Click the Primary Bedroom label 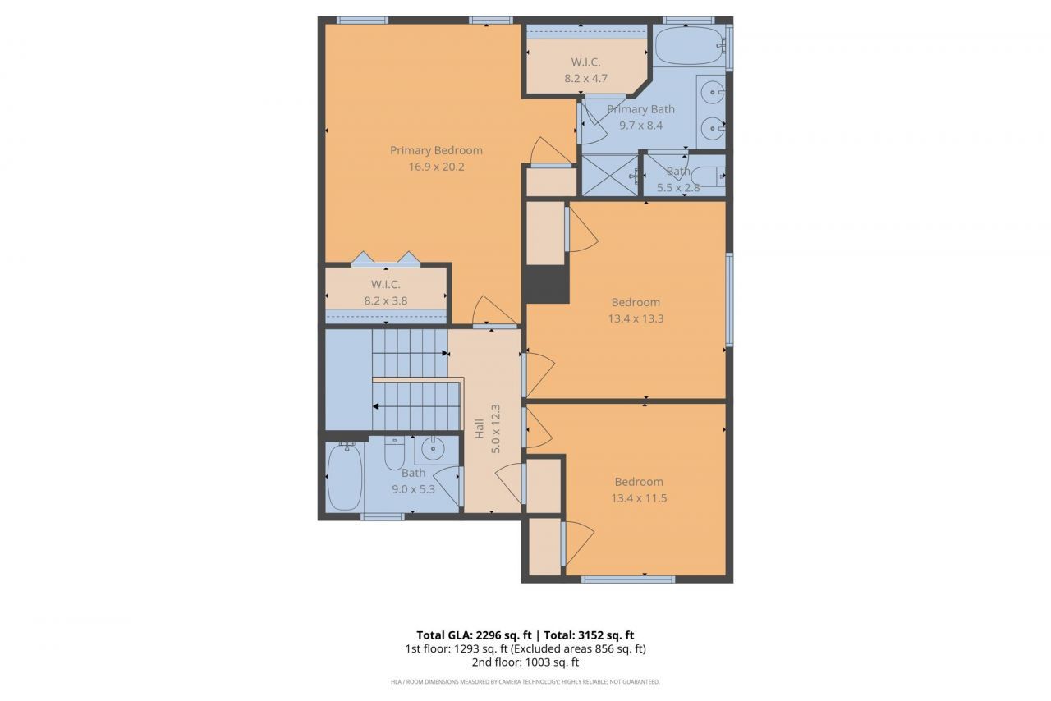[436, 150]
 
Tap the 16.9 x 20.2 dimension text [436, 167]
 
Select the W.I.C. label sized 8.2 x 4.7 [586, 62]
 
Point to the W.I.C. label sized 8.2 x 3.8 [385, 284]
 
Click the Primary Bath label [640, 109]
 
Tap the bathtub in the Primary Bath [690, 46]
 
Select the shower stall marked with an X [609, 175]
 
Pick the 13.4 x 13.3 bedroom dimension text [636, 318]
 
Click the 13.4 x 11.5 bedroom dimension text [638, 498]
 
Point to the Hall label [480, 428]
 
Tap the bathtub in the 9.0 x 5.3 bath [345, 478]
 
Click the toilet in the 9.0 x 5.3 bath [395, 454]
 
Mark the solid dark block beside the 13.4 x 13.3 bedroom [546, 284]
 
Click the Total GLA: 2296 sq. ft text [475, 635]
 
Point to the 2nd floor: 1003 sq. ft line [525, 662]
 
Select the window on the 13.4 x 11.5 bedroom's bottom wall [627, 580]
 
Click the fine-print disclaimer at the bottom [525, 681]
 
